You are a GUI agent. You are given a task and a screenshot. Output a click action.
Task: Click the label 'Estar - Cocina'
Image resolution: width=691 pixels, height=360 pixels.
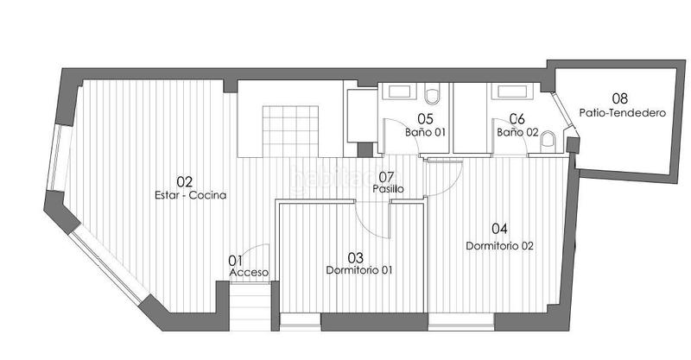(x=190, y=195)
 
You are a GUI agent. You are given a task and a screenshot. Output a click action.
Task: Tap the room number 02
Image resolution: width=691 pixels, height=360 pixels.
(x=184, y=182)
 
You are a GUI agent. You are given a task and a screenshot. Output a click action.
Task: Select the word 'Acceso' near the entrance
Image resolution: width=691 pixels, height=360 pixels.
(x=249, y=273)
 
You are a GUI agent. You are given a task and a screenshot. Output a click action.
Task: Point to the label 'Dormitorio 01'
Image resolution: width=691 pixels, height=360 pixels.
(x=359, y=270)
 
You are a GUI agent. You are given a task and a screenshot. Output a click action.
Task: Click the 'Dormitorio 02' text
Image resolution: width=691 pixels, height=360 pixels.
(x=500, y=245)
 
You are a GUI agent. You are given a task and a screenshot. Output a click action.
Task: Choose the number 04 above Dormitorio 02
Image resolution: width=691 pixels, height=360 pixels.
(x=499, y=230)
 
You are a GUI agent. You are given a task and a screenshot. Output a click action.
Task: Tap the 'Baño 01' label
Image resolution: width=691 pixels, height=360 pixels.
(x=425, y=133)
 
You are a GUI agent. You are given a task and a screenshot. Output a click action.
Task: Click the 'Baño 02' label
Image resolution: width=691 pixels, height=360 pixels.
(x=517, y=133)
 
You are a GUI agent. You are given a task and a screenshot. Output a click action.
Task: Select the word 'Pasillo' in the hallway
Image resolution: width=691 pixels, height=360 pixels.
(x=388, y=188)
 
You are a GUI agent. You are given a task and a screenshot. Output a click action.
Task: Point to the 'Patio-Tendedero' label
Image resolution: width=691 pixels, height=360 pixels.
(x=619, y=112)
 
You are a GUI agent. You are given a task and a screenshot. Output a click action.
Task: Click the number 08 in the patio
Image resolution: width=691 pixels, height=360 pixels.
(x=619, y=98)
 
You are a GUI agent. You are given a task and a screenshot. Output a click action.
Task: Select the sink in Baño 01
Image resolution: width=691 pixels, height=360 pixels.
(x=398, y=92)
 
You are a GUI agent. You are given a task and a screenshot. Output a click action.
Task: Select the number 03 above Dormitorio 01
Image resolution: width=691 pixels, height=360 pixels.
(x=355, y=257)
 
